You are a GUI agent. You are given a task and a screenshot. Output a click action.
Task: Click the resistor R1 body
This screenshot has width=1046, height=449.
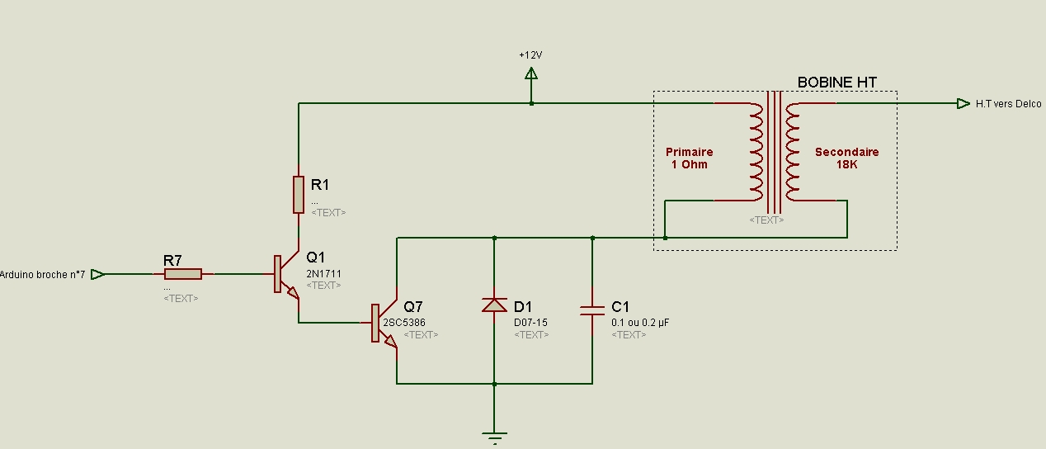[x=299, y=195]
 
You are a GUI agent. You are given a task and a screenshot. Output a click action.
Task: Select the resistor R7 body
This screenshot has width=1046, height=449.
[x=183, y=274]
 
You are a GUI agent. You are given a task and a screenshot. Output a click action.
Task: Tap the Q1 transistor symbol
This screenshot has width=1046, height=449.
[x=286, y=275]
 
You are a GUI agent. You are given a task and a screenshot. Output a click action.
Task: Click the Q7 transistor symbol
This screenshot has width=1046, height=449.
[x=384, y=324]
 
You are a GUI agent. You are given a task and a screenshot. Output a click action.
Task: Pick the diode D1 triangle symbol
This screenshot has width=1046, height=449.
[x=494, y=305]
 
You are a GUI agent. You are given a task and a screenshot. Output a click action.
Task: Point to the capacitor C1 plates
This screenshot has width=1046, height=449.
[x=592, y=310]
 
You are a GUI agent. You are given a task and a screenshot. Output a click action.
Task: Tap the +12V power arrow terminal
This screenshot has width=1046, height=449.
[x=531, y=73]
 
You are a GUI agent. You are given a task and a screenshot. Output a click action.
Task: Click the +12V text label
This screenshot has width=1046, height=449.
[x=530, y=55]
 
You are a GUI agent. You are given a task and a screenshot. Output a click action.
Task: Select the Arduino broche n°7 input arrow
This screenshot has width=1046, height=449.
[x=97, y=274]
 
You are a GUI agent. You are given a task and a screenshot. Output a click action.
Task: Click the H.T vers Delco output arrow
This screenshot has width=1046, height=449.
[x=964, y=103]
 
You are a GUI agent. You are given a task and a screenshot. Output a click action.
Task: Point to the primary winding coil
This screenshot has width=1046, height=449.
[x=756, y=152]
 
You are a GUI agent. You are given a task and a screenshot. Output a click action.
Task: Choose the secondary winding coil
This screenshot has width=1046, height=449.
[x=793, y=152]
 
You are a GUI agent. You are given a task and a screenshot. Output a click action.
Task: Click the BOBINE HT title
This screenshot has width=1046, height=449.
[x=836, y=83]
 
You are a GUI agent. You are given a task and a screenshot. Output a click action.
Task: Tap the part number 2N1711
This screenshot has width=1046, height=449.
[x=323, y=273]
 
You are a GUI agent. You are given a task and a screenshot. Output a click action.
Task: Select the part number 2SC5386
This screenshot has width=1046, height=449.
[x=404, y=323]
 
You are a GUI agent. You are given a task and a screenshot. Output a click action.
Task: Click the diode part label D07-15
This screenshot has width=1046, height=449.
[x=530, y=323]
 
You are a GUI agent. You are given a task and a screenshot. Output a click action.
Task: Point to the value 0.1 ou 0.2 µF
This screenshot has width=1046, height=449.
[x=640, y=323]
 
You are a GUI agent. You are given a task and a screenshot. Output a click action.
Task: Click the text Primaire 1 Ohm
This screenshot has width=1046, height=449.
[x=690, y=158]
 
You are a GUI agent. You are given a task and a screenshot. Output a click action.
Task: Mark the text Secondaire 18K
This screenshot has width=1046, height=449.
[x=847, y=158]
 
